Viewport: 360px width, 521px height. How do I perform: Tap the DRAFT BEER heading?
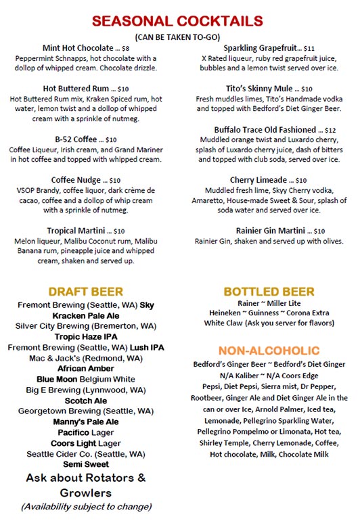(x=85, y=292)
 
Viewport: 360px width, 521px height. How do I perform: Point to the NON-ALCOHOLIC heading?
(x=269, y=350)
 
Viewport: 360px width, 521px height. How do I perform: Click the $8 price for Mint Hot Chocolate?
(x=125, y=49)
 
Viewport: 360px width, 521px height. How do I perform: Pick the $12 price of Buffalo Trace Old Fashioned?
(x=330, y=130)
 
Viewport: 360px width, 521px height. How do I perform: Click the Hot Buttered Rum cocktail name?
(x=75, y=89)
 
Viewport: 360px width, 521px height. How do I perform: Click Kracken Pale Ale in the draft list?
(x=85, y=315)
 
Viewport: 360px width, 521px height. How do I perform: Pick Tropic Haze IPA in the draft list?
(x=85, y=336)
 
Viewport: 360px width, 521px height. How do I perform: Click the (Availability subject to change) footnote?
(x=85, y=506)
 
